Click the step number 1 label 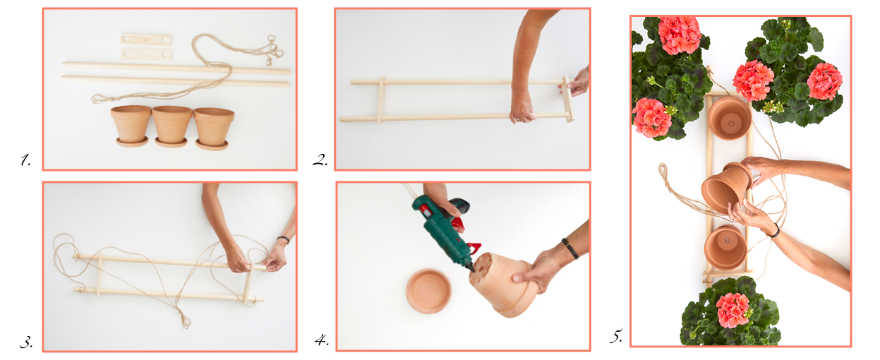pyautogui.click(x=25, y=160)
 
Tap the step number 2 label pyautogui.click(x=320, y=160)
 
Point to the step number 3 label pyautogui.click(x=26, y=342)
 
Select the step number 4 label pyautogui.click(x=321, y=340)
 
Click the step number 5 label pyautogui.click(x=615, y=336)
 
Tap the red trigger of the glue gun pyautogui.click(x=458, y=225)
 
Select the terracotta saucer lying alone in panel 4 pyautogui.click(x=428, y=291)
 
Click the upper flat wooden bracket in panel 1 pyautogui.click(x=146, y=40)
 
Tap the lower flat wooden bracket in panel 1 pyautogui.click(x=146, y=54)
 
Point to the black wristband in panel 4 pyautogui.click(x=570, y=248)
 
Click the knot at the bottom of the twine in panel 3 pyautogui.click(x=186, y=323)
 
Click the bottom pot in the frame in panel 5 pyautogui.click(x=725, y=247)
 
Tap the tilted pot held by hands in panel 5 pyautogui.click(x=726, y=188)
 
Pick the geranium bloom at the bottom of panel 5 pyautogui.click(x=733, y=311)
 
